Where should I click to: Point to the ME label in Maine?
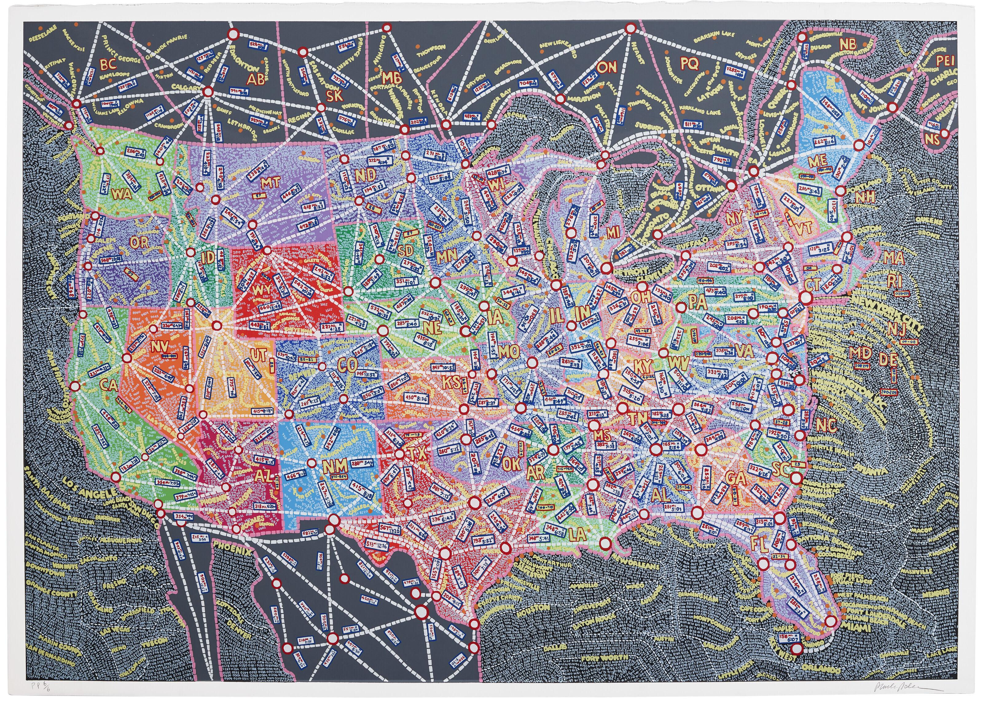click(817, 161)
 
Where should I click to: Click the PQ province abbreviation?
click(689, 64)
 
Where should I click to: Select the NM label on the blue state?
click(335, 466)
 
